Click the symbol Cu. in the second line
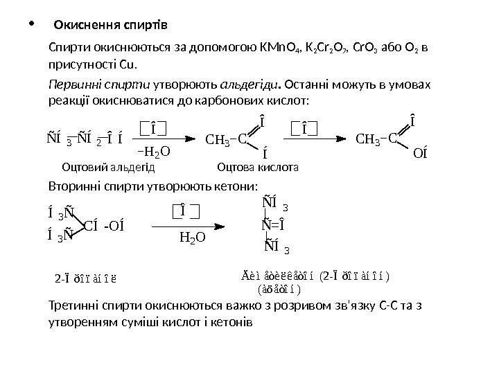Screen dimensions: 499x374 coord(129,66)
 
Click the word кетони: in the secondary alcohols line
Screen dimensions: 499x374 coord(236,187)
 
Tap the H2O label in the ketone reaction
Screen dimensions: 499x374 coord(193,237)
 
